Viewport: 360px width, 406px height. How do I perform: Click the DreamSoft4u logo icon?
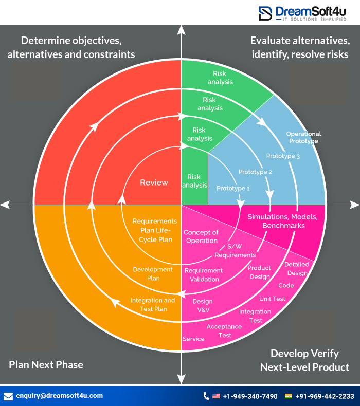[x=265, y=13]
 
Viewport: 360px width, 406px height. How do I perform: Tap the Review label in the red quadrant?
[x=154, y=182]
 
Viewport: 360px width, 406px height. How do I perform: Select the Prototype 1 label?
[x=233, y=189]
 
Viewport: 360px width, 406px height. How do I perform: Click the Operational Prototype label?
[x=303, y=137]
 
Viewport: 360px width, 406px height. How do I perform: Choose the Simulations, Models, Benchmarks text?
[x=282, y=221]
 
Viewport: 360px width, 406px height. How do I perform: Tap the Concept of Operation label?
[x=201, y=236]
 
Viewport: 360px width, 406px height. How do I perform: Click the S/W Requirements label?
[x=235, y=251]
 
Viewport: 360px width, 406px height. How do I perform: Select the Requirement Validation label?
[x=204, y=274]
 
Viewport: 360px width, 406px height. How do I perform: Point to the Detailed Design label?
[x=297, y=269]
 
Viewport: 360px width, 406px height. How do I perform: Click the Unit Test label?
[x=272, y=299]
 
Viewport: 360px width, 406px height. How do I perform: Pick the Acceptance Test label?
[x=224, y=331]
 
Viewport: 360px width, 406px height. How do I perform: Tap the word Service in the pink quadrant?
[x=193, y=339]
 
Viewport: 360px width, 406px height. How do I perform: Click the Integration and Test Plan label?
[x=153, y=305]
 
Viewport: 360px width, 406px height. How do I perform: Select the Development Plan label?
[x=153, y=273]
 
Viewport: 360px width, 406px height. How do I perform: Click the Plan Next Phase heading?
[x=46, y=365]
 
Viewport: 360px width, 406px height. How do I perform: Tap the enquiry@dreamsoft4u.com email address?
[x=60, y=396]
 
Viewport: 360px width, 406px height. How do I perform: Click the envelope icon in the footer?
[x=8, y=396]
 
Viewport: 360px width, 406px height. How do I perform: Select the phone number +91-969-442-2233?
[x=325, y=396]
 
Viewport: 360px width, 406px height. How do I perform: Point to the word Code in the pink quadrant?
[x=286, y=285]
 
